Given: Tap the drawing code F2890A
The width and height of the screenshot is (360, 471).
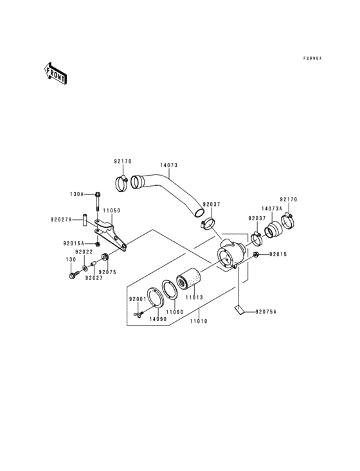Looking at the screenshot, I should pyautogui.click(x=313, y=58).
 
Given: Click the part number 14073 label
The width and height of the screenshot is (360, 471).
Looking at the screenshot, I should pyautogui.click(x=168, y=165).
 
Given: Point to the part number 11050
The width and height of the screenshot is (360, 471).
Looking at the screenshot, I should pyautogui.click(x=112, y=210).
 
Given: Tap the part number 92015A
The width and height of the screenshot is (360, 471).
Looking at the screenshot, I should pyautogui.click(x=74, y=244).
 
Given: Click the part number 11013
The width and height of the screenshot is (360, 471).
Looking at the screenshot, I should pyautogui.click(x=195, y=299).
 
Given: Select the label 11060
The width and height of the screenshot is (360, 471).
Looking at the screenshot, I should pyautogui.click(x=175, y=311).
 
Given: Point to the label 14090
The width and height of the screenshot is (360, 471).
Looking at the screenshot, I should pyautogui.click(x=158, y=319).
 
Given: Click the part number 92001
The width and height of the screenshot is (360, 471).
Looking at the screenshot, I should pyautogui.click(x=138, y=300).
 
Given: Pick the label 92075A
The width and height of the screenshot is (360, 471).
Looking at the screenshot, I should pyautogui.click(x=265, y=312).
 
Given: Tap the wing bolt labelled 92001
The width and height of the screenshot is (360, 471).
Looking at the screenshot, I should pyautogui.click(x=139, y=313).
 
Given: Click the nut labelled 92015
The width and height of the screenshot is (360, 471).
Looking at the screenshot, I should pyautogui.click(x=256, y=255).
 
